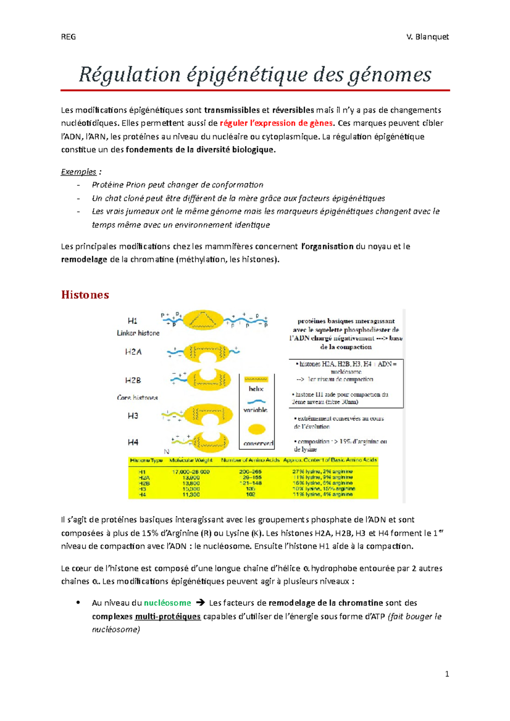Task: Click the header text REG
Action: tap(68, 37)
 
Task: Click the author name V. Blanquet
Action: tap(427, 37)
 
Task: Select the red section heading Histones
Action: tap(85, 295)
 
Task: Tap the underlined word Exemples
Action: tap(79, 172)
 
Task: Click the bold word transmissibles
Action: tap(232, 110)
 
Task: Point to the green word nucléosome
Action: tap(167, 603)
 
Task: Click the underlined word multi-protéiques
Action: tap(168, 616)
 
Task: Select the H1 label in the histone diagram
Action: tap(133, 321)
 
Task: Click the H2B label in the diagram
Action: tap(133, 380)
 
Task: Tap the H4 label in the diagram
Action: tap(133, 442)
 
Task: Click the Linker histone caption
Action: tap(138, 333)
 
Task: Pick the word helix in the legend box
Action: tap(256, 389)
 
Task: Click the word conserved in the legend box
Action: tap(258, 443)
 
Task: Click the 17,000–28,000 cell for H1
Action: tap(191, 472)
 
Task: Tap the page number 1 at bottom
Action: tap(447, 674)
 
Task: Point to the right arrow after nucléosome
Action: tap(200, 603)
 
